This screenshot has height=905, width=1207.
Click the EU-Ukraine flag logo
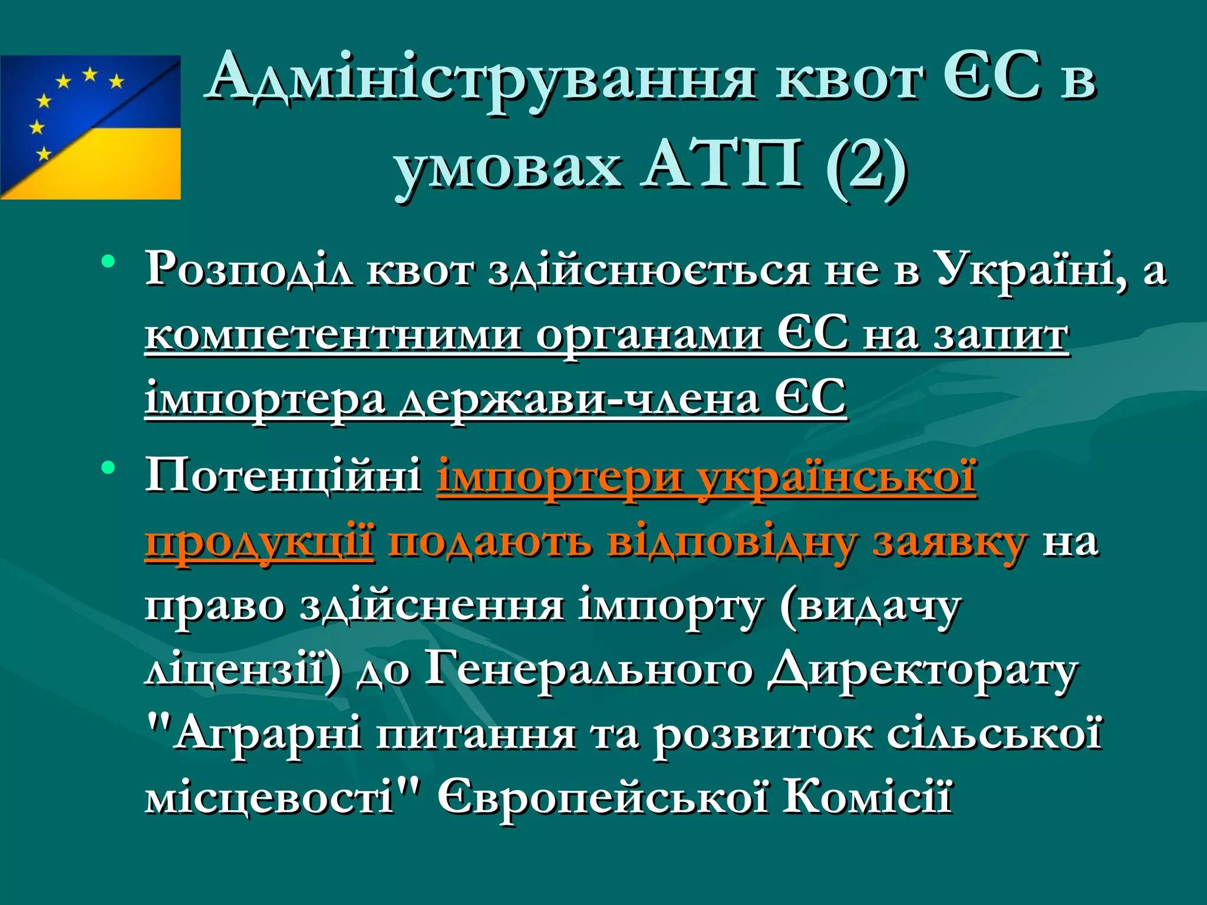[90, 127]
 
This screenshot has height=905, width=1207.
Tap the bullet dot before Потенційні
[108, 468]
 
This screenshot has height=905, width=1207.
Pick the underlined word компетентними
[333, 336]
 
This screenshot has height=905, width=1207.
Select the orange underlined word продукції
[259, 542]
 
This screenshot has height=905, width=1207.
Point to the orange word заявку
[949, 542]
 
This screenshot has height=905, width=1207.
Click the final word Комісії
[867, 799]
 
